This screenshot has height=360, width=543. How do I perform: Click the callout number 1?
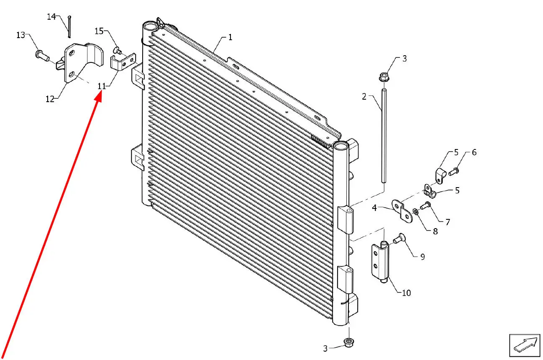point(230,37)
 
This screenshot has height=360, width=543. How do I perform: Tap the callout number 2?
point(364,97)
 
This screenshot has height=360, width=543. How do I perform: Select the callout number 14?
point(51,17)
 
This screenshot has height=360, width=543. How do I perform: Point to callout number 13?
point(20,35)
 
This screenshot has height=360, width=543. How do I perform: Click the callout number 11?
point(102,86)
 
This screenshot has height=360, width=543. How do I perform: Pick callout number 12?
point(50,99)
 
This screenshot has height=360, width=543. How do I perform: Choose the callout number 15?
point(99,31)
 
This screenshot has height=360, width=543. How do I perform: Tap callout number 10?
point(406,293)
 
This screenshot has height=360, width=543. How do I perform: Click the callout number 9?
point(423,257)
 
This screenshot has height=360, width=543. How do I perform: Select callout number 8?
point(435,231)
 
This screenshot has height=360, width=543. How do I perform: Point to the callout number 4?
point(374,208)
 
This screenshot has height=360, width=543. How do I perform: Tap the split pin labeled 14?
point(69,27)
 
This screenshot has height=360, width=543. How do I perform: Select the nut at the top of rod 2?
point(384,77)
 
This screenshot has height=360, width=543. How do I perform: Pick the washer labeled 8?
point(415,211)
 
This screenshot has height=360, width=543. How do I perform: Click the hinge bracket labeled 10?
point(381,262)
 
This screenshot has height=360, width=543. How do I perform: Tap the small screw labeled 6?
point(453,172)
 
